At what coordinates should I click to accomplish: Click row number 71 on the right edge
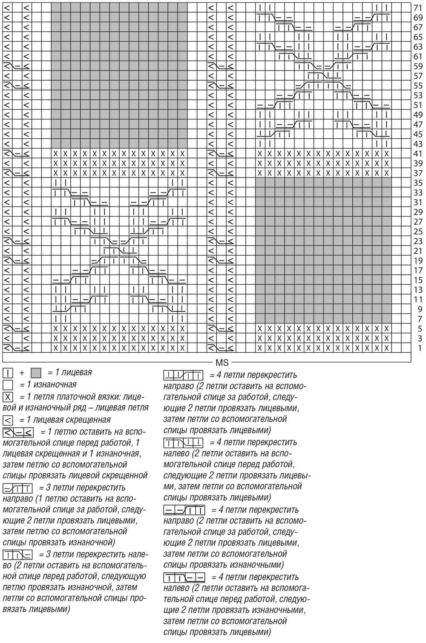point(418,8)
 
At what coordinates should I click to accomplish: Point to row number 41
point(418,154)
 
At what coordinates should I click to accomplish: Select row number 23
point(418,241)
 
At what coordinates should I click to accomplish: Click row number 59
point(418,66)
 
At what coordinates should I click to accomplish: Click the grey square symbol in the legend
point(36,373)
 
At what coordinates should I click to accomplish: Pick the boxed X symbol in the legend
point(8,397)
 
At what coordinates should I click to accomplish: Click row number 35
point(418,183)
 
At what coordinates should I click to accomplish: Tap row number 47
point(418,125)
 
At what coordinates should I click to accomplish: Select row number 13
point(418,290)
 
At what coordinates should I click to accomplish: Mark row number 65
point(418,37)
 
